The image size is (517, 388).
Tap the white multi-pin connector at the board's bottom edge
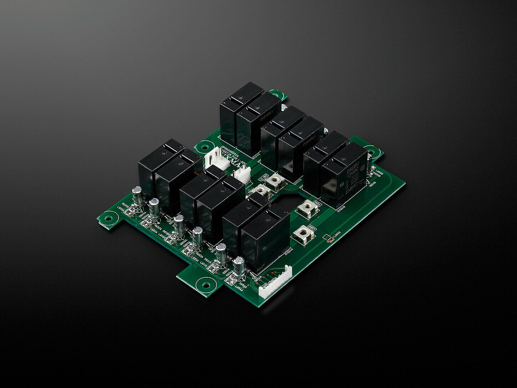pyautogui.click(x=275, y=282)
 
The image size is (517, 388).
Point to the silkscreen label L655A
pyautogui.click(x=121, y=209)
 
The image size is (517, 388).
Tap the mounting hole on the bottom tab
pyautogui.click(x=206, y=285)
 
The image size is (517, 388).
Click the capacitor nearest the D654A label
pyautogui.click(x=239, y=266)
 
